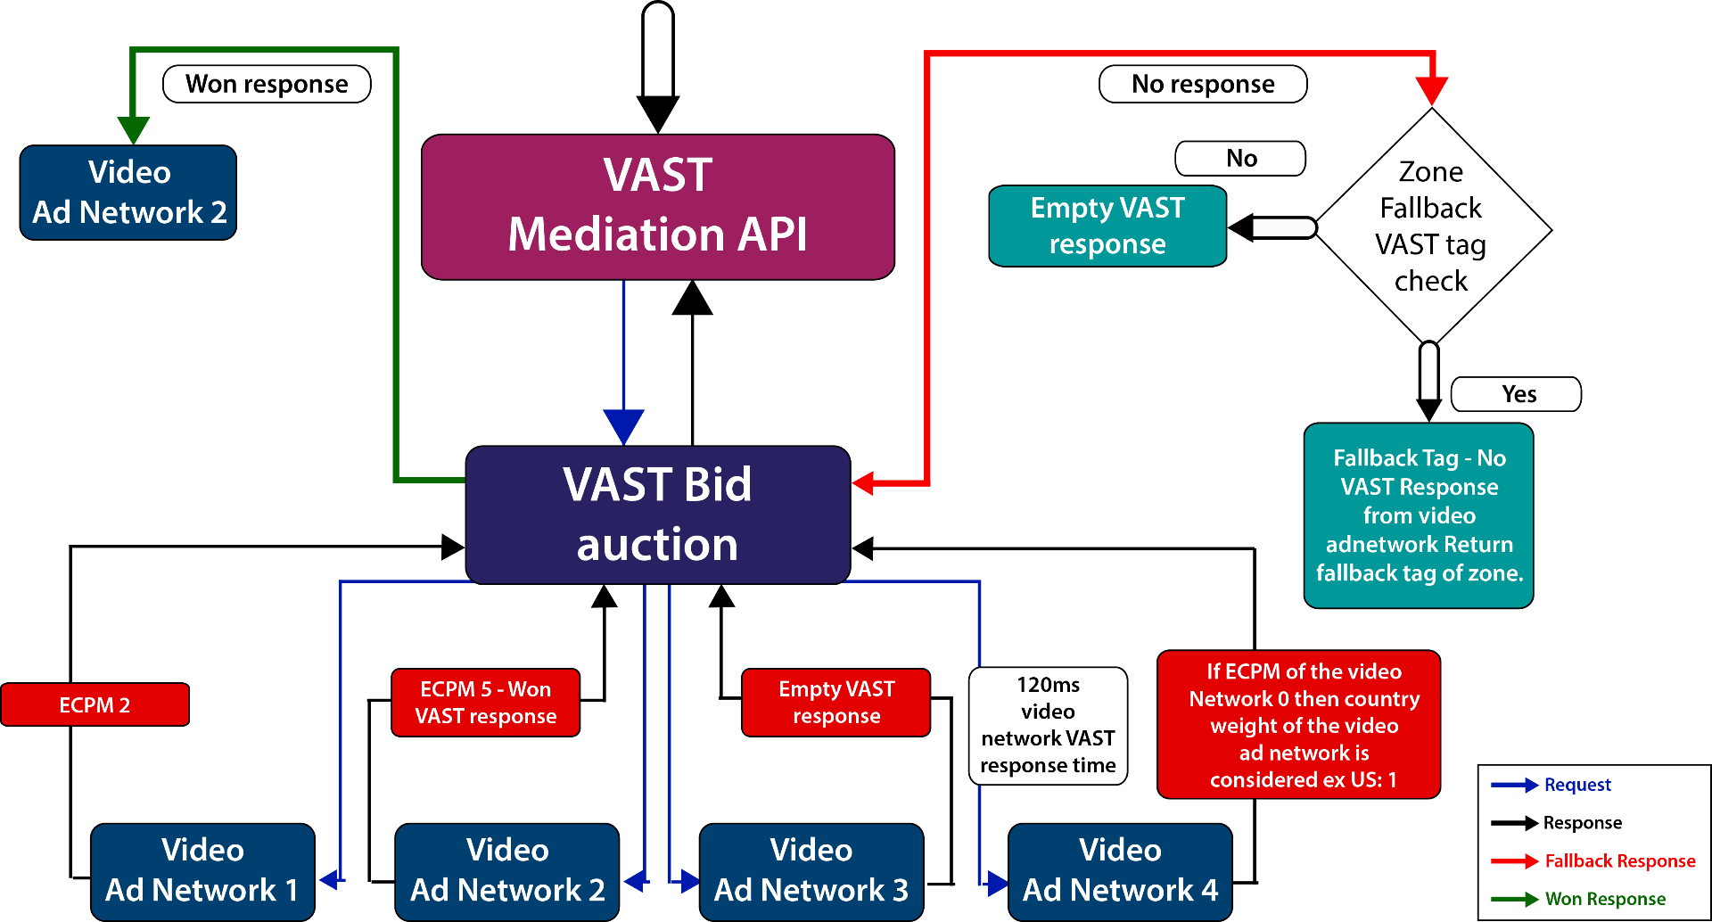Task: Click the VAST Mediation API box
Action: (657, 206)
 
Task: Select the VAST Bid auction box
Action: (657, 515)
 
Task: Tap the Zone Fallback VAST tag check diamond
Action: (1430, 226)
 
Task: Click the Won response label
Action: (267, 84)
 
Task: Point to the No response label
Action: (1203, 84)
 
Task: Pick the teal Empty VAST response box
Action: (1107, 226)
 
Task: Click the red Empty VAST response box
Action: (835, 703)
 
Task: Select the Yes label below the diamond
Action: (1517, 394)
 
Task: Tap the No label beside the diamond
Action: (1240, 159)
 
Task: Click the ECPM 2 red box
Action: (95, 704)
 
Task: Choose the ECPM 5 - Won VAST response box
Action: (485, 703)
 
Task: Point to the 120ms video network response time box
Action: (1048, 726)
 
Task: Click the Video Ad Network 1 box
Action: (202, 871)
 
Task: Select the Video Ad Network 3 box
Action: (811, 871)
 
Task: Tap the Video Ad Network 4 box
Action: (1120, 871)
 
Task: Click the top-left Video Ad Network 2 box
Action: (128, 193)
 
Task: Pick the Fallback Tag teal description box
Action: (1419, 515)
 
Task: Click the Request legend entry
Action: (1576, 785)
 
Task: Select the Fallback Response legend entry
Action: (1618, 861)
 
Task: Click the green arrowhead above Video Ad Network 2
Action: (133, 129)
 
